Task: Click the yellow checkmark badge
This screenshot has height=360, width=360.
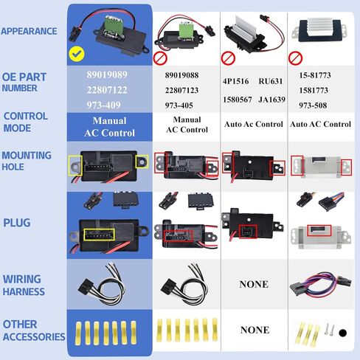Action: (77, 54)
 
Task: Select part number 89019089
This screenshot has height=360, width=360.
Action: (107, 75)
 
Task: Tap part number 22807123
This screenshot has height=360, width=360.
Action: (181, 90)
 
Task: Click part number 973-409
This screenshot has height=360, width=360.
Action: (103, 105)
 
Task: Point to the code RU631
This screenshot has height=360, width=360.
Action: (271, 81)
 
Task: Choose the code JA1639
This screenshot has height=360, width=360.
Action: (271, 100)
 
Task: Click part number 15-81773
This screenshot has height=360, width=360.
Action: (315, 75)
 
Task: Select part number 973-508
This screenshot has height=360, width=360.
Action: (313, 105)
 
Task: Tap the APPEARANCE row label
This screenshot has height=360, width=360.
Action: (29, 31)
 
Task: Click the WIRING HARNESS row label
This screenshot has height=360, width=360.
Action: (24, 285)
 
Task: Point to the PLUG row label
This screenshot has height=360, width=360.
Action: (17, 223)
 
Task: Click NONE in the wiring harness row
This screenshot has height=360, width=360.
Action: (254, 284)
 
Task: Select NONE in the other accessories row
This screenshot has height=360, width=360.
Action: (255, 330)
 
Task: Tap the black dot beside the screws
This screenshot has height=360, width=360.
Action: (342, 333)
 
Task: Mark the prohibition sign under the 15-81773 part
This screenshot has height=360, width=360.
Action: (295, 58)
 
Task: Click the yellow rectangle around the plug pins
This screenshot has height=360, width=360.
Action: (100, 235)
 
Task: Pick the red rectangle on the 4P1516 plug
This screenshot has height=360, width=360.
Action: (248, 232)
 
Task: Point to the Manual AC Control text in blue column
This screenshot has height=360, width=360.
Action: (110, 127)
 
